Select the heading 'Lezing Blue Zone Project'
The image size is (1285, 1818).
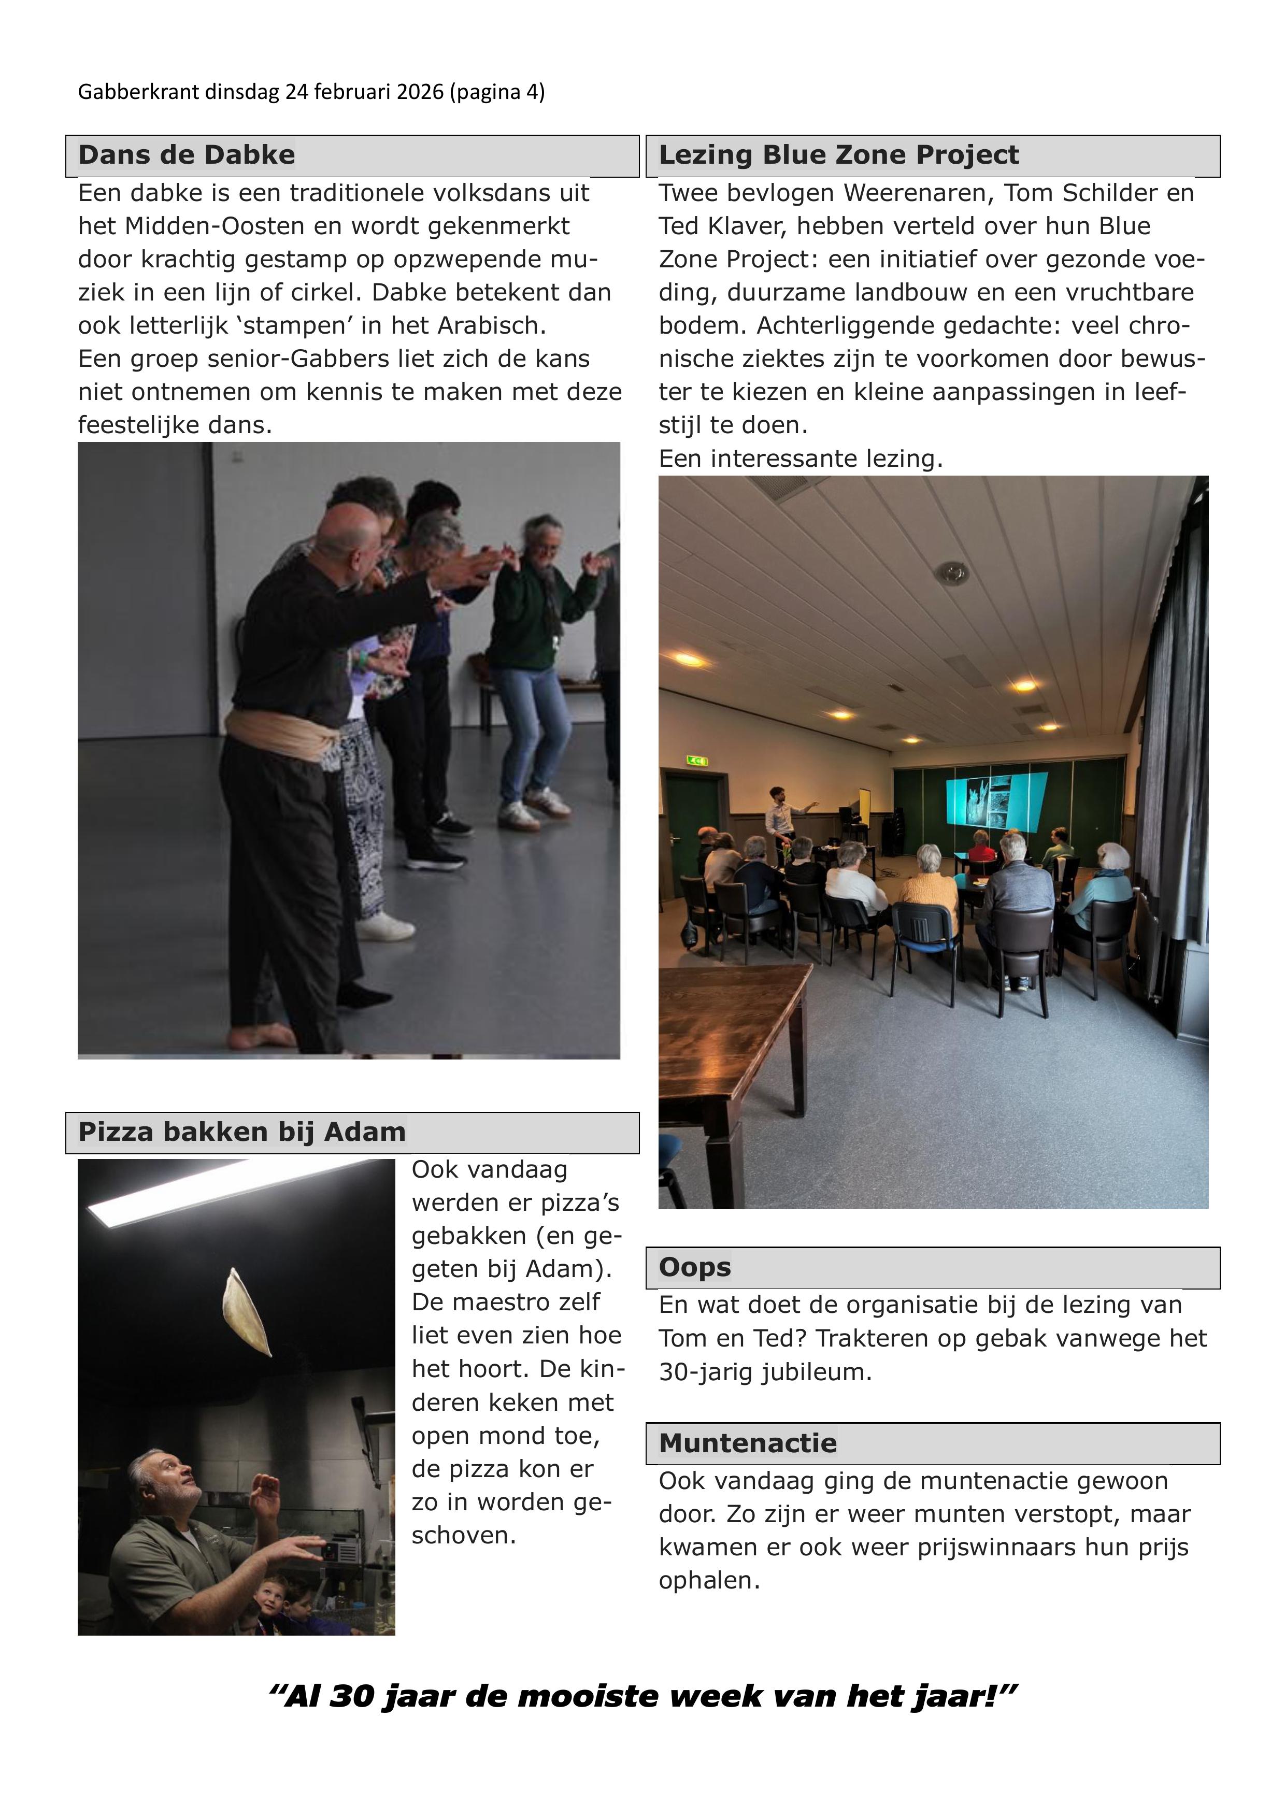pyautogui.click(x=838, y=155)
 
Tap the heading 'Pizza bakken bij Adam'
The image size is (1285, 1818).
pyautogui.click(x=241, y=1132)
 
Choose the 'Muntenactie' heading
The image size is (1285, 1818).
pyautogui.click(x=747, y=1443)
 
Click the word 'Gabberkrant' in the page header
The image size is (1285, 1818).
pyautogui.click(x=138, y=93)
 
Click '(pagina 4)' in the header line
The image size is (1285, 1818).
pyautogui.click(x=496, y=93)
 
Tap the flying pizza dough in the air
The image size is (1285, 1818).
pyautogui.click(x=246, y=1312)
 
